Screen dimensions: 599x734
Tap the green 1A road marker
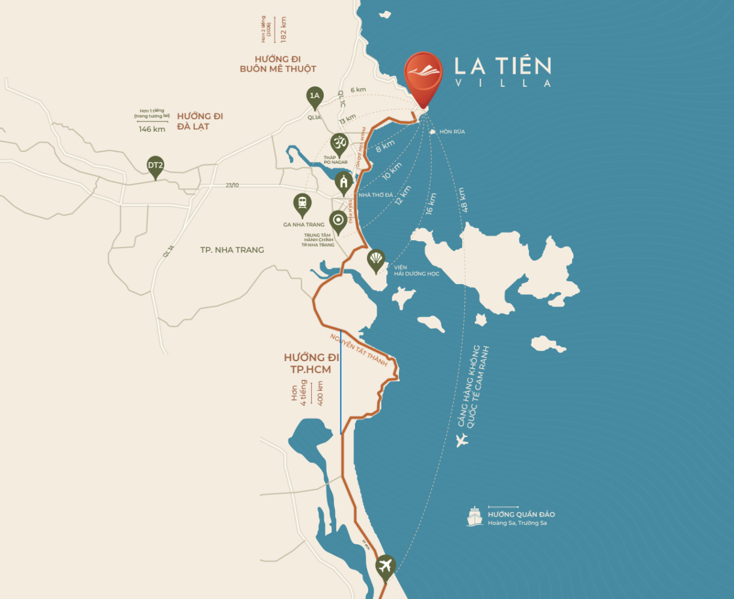(x=314, y=96)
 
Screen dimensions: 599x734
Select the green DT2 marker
(x=155, y=166)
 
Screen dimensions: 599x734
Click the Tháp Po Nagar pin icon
(x=339, y=144)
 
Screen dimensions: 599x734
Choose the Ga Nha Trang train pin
(x=301, y=204)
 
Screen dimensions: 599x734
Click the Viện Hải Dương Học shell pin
(x=376, y=260)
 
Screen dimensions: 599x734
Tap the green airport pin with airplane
(x=385, y=566)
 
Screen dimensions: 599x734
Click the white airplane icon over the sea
(x=461, y=441)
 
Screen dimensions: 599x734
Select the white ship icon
(x=475, y=517)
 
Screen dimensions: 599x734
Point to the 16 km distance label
(x=431, y=203)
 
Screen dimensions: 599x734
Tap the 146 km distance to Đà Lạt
(x=152, y=129)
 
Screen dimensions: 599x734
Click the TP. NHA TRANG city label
(x=232, y=250)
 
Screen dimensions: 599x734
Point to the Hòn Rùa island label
(x=452, y=131)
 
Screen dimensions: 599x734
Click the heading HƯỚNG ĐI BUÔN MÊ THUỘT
(x=277, y=64)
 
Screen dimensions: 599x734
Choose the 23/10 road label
(x=232, y=185)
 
